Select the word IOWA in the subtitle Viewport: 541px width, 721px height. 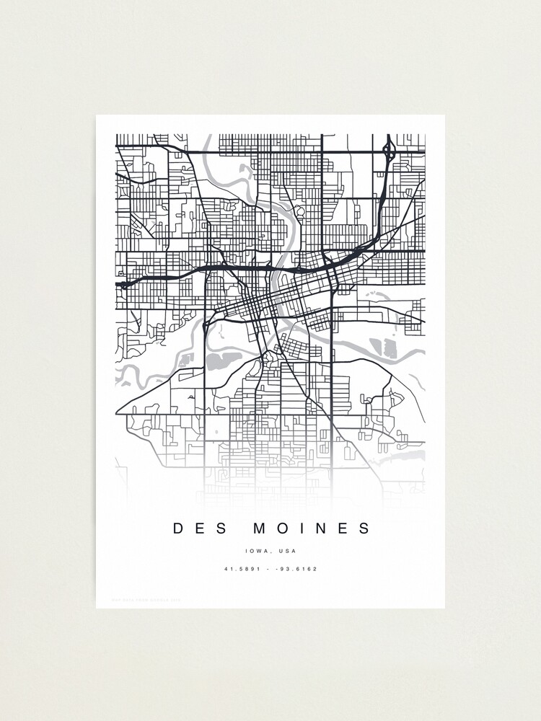tap(256, 552)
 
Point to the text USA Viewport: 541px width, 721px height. tap(288, 552)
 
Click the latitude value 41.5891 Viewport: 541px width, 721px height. tap(239, 569)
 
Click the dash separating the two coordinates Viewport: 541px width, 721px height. tap(268, 569)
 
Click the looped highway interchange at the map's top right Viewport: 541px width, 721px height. tap(390, 151)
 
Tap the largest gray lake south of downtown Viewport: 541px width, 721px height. tap(225, 359)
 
